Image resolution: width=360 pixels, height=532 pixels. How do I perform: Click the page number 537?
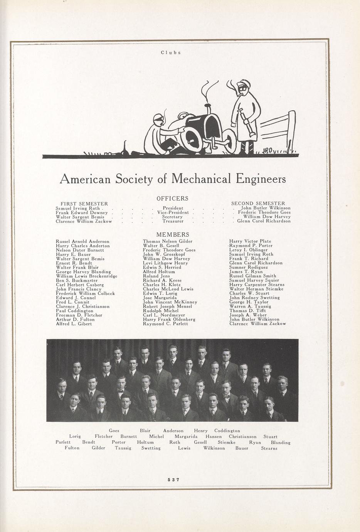coord(174,480)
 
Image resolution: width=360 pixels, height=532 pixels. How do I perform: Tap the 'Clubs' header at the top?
coord(171,52)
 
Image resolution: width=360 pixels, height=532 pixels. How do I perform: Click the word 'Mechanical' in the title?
coord(201,179)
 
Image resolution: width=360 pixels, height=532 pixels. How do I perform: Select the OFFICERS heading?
coord(172,199)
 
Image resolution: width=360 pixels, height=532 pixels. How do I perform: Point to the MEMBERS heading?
coord(172,234)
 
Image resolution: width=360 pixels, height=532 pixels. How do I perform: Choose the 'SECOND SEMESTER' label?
coord(258,204)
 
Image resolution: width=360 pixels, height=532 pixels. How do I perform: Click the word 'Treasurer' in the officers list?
coord(173,221)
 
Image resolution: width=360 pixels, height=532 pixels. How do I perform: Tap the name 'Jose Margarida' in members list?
coord(160,298)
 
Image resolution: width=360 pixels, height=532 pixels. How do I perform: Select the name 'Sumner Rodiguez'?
coord(249,267)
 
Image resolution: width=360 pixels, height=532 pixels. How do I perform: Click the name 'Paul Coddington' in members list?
coord(75,311)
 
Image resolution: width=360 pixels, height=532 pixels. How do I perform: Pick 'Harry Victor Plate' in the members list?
coord(250,241)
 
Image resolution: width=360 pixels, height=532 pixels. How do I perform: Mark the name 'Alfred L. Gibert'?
coord(74,324)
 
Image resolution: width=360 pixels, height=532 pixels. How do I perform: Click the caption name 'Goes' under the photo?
coord(114,431)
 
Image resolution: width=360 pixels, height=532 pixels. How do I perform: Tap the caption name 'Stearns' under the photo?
coord(269,448)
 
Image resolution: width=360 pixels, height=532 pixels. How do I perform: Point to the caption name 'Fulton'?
coord(72,448)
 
